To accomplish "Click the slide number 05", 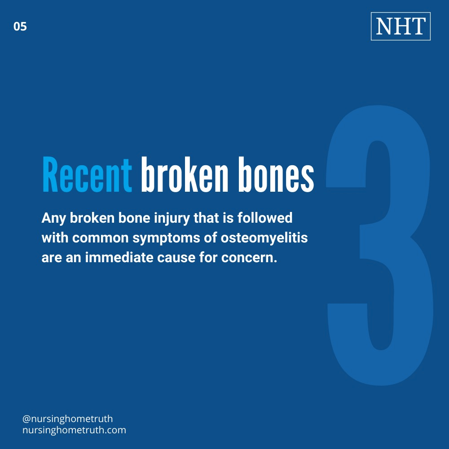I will (x=20, y=27).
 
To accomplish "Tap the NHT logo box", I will (x=401, y=27).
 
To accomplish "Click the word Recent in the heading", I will (x=87, y=174).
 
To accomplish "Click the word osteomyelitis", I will (x=264, y=238).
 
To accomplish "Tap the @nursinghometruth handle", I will (x=67, y=419).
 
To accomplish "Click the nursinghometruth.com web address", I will (x=74, y=430).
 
